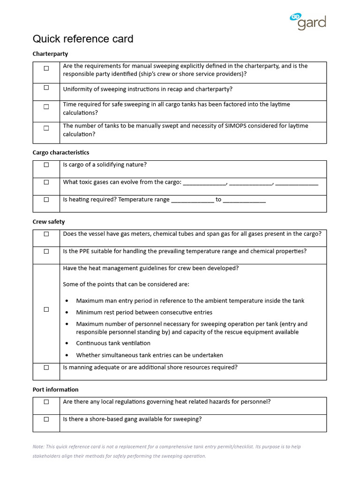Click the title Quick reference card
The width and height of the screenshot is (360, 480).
83,39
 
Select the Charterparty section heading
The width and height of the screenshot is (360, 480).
50,54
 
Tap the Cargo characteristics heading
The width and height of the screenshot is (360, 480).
61,152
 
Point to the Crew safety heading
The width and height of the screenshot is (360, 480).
49,222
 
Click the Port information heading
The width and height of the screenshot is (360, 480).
56,390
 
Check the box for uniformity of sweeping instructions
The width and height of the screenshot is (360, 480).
46,88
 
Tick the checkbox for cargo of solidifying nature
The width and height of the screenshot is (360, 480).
46,165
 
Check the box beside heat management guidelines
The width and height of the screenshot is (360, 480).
46,309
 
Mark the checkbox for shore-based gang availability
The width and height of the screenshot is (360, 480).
46,420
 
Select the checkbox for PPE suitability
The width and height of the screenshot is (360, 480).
46,252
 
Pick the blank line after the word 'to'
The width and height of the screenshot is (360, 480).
244,200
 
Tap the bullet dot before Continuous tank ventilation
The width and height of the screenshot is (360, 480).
67,344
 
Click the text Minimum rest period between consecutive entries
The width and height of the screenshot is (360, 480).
144,312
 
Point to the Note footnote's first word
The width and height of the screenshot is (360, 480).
38,447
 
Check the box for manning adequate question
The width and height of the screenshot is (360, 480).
46,368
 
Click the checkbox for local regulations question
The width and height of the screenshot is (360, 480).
46,402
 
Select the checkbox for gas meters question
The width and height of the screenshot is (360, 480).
46,234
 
